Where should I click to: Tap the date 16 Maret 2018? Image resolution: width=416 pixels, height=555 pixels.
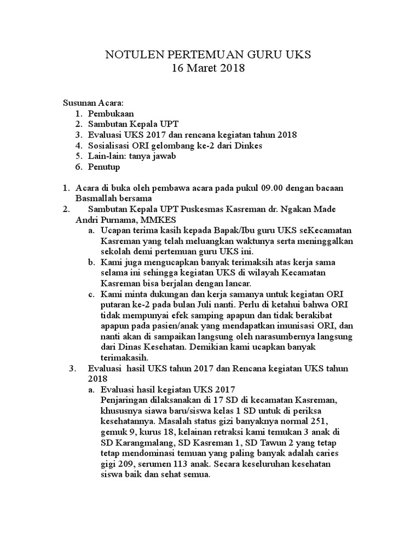click(208, 69)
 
